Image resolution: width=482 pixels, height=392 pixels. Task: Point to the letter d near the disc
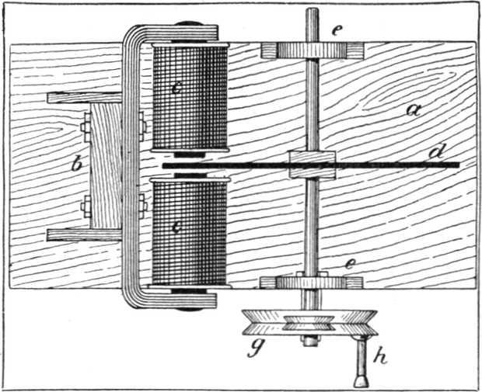click(433, 151)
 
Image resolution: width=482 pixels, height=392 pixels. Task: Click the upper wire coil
click(189, 97)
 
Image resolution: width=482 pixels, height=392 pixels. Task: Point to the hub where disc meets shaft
click(311, 164)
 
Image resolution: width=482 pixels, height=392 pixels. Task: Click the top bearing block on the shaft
click(311, 50)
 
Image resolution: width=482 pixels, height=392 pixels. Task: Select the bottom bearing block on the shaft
click(311, 282)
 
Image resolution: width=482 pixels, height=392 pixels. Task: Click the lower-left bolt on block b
click(86, 206)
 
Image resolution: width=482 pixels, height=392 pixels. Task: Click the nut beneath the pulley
click(310, 340)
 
